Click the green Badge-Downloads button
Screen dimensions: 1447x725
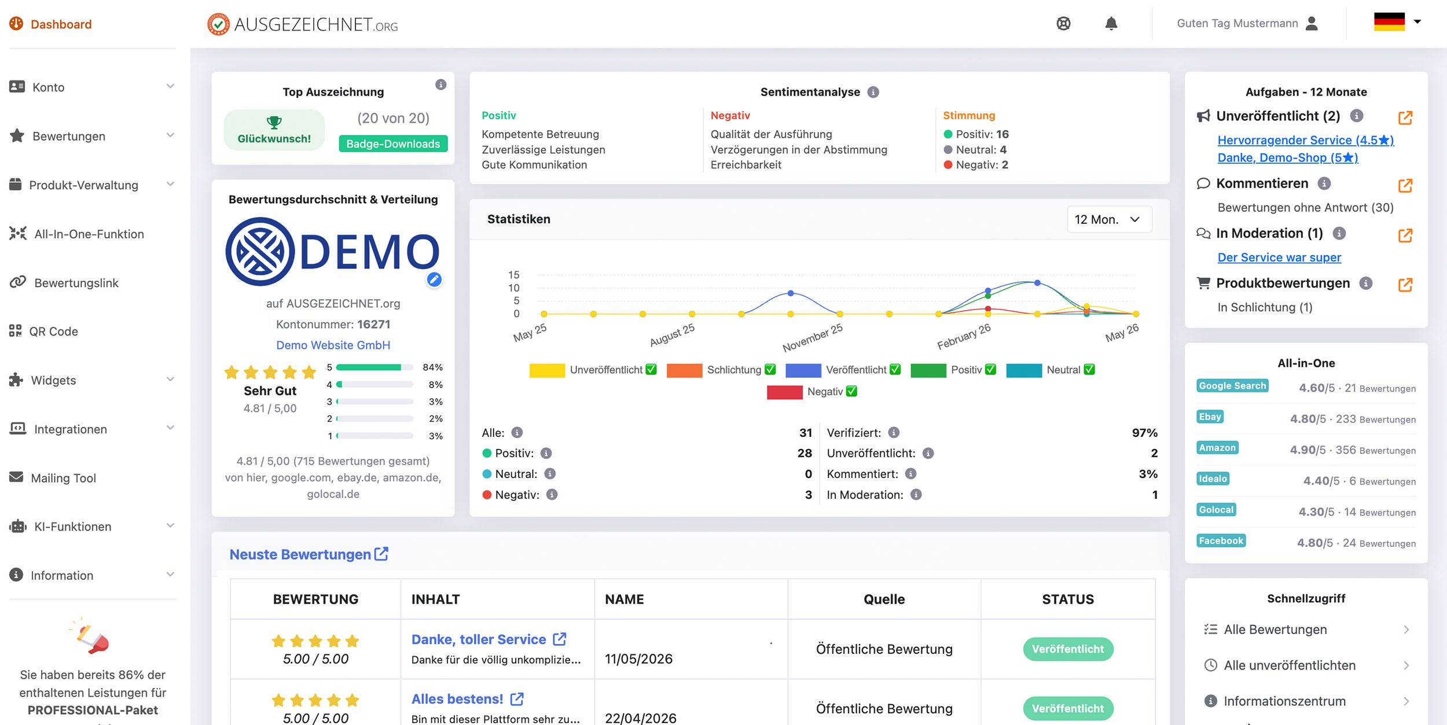393,143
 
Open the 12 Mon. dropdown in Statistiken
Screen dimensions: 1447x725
1109,219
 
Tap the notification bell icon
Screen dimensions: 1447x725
1111,24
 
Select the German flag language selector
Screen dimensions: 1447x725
1397,22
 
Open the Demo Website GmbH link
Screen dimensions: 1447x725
333,345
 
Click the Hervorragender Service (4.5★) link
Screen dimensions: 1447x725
1306,140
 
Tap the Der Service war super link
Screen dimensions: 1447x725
1279,257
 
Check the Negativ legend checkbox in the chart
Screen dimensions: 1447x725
851,391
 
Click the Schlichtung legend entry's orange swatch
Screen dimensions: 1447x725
684,370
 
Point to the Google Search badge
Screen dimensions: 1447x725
1232,386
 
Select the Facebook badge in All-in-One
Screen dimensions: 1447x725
1221,540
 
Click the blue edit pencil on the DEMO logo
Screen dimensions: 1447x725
434,279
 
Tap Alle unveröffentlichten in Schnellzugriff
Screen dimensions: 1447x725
1290,665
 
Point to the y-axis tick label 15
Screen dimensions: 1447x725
514,275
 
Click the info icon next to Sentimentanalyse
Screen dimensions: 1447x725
873,92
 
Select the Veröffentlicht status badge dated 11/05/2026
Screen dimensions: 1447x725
1068,649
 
